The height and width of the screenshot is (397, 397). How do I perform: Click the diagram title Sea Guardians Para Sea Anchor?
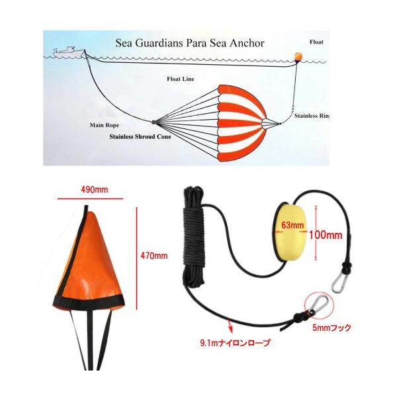click(190, 43)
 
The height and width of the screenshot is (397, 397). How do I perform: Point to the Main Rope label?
click(103, 124)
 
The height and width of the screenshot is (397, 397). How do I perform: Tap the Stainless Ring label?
click(310, 115)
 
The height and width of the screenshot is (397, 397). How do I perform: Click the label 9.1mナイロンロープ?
click(235, 344)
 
